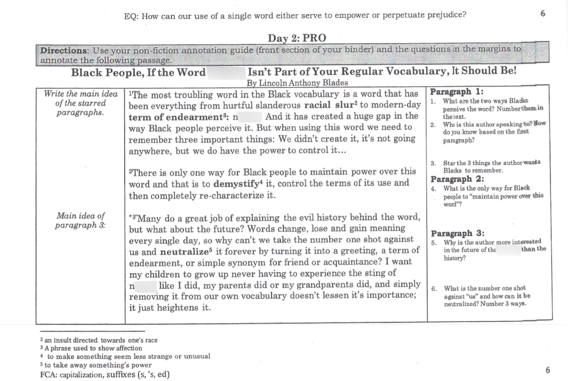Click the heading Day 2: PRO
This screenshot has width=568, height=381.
(x=297, y=38)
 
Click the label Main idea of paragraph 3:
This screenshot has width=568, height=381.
(x=80, y=220)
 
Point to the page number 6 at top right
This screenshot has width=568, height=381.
(x=542, y=14)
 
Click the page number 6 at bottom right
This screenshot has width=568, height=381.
(x=548, y=369)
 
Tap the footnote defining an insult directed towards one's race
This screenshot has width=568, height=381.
(x=99, y=340)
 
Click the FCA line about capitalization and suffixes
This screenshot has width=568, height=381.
(x=106, y=375)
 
